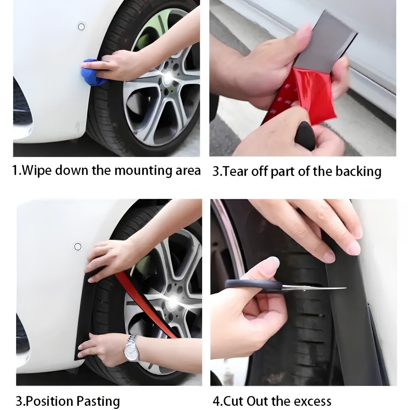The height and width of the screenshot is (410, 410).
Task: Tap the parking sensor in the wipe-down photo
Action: coord(81,26)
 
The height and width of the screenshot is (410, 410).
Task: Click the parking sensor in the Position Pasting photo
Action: coord(78,246)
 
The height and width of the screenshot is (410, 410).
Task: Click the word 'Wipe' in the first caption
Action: coord(37,170)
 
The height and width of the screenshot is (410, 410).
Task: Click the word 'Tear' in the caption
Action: coord(234,171)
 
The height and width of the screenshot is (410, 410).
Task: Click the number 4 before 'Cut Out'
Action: coord(217,401)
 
